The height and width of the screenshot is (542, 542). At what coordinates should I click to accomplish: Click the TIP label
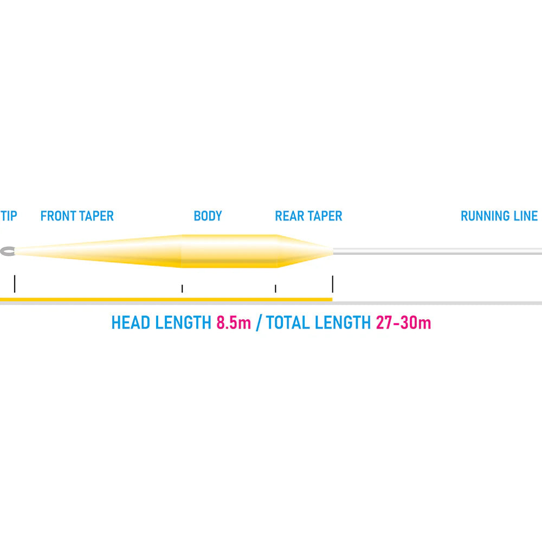pos(9,216)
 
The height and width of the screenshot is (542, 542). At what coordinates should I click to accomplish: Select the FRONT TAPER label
pos(77,216)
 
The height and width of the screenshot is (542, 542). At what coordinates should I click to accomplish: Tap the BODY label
pos(208,216)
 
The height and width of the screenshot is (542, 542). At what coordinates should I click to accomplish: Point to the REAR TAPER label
pos(308,216)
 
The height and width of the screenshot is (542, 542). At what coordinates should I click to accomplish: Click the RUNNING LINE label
pos(499,216)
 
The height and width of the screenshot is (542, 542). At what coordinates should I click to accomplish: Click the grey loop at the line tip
pos(8,251)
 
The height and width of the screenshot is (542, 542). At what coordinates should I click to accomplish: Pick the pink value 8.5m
pos(234,323)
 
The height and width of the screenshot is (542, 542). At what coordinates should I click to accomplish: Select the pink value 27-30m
pos(403,323)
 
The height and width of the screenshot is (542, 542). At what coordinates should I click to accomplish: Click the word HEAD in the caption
pos(131,323)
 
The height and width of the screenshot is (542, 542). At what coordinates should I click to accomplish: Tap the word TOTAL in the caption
pos(288,323)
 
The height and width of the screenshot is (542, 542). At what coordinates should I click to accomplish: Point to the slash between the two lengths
pos(259,323)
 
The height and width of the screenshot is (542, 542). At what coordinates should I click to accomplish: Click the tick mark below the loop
pos(15,284)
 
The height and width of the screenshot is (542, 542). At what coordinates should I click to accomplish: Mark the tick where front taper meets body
pos(182,289)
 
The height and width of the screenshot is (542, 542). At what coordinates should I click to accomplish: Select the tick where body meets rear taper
pos(275,289)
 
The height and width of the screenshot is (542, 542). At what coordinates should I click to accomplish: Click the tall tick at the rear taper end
pos(333,284)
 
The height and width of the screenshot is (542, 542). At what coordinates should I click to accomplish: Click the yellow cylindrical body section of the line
pos(229,251)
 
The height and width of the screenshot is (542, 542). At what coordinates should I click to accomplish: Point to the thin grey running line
pos(437,251)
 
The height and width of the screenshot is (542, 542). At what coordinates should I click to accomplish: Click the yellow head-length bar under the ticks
pos(166,299)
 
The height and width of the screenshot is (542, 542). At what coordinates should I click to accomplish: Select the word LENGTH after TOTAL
pos(343,323)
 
